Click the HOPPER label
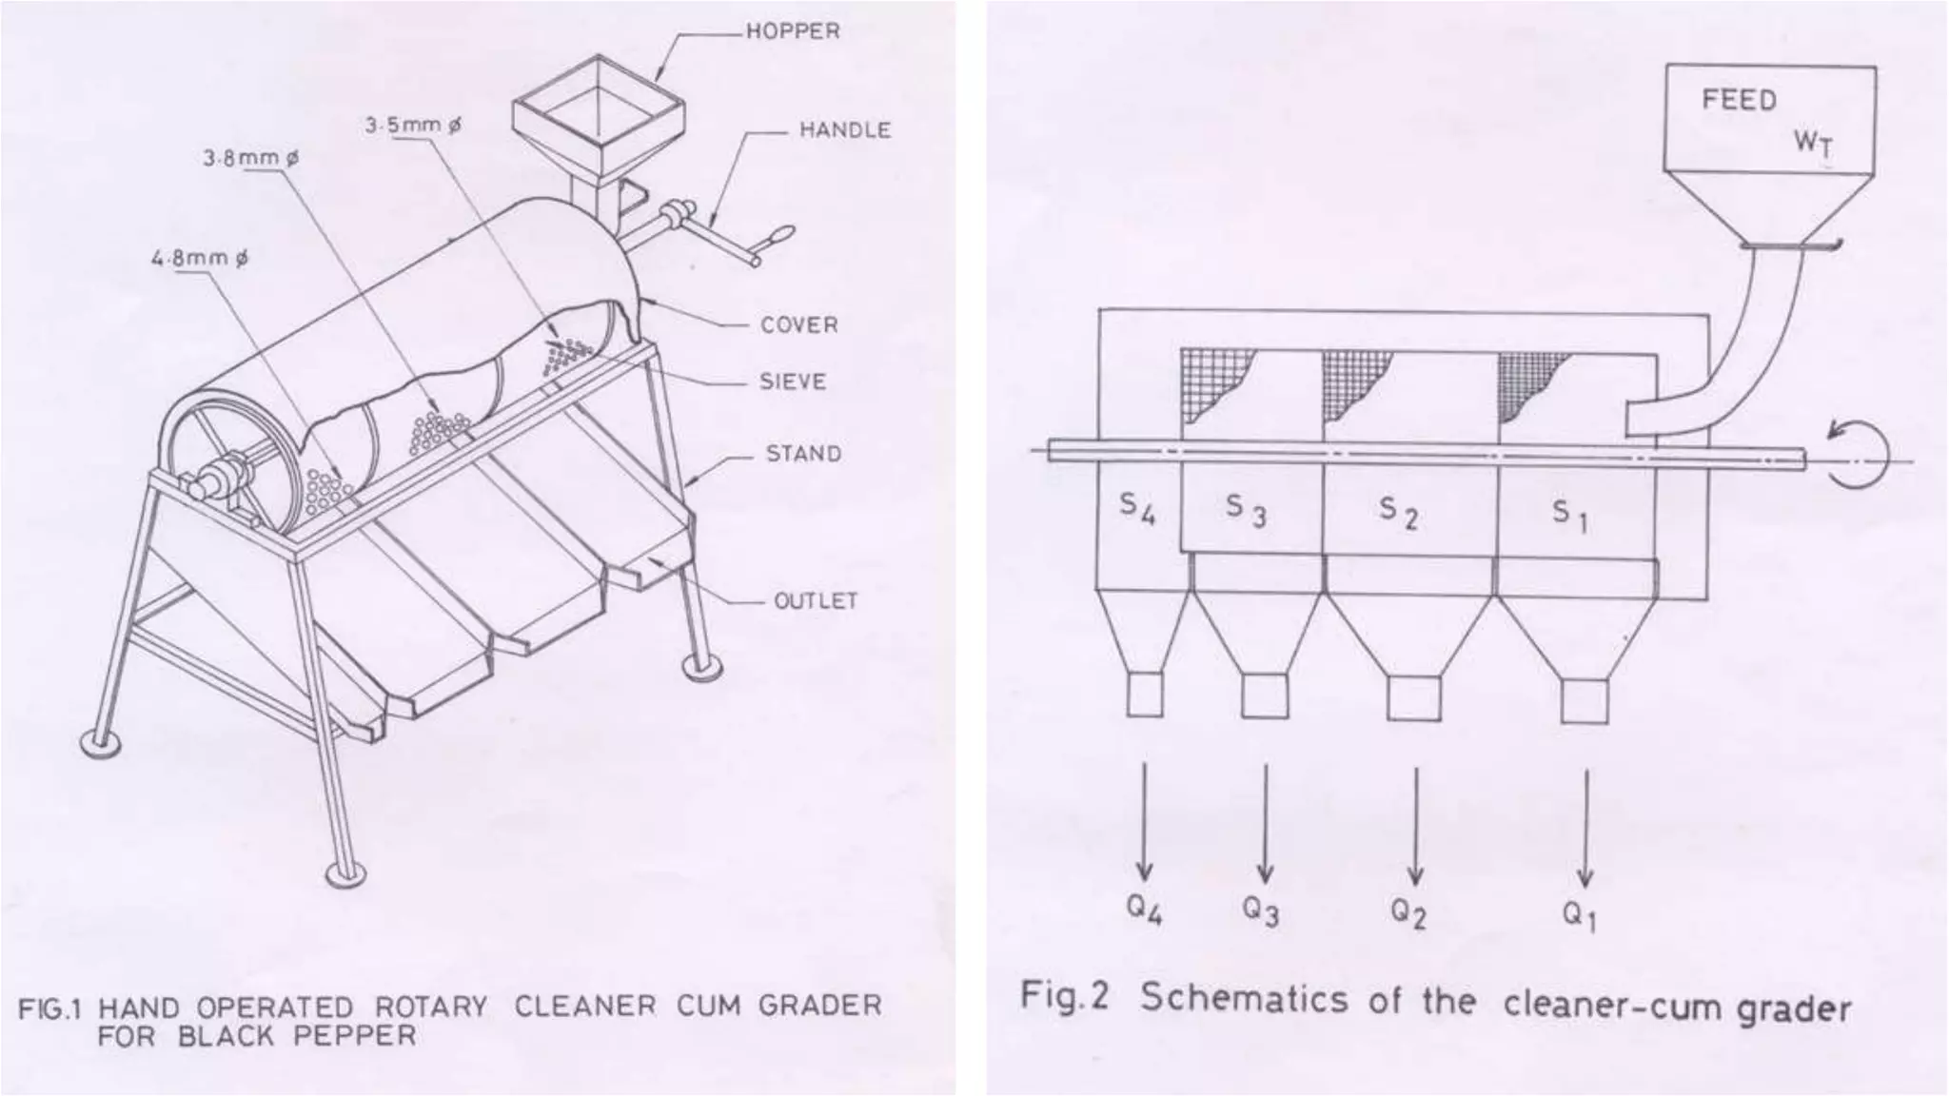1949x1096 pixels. click(793, 31)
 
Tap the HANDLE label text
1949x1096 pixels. click(844, 130)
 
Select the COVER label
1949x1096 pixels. click(798, 325)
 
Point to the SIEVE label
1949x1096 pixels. click(793, 382)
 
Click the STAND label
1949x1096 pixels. click(803, 454)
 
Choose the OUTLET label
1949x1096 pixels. click(815, 601)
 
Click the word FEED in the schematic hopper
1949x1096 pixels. click(1739, 101)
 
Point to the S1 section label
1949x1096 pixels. click(1569, 516)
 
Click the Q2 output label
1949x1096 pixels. click(1408, 913)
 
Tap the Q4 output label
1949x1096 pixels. click(1144, 910)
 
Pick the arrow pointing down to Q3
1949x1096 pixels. click(1265, 823)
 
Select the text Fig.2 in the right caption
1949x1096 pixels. click(1064, 997)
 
